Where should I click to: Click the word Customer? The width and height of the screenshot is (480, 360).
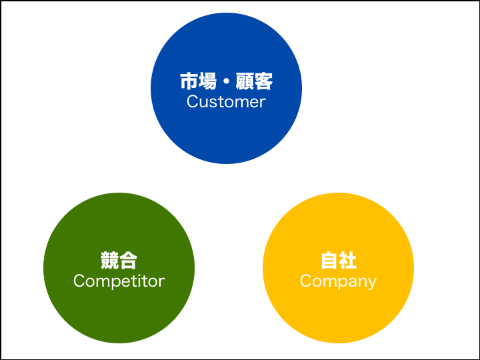pos(226,102)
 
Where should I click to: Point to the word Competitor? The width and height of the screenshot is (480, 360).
pos(119,281)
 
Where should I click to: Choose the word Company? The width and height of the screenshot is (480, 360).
pos(338,281)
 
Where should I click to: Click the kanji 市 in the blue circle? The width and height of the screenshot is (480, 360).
pos(189,82)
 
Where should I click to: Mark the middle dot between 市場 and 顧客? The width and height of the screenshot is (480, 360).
pos(226,82)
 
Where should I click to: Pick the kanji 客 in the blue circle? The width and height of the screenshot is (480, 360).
pos(263,82)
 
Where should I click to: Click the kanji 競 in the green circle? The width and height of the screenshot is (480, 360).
pos(109,261)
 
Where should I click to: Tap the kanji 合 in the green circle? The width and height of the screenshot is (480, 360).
pos(128,261)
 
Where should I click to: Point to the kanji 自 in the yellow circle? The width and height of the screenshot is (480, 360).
pos(329,261)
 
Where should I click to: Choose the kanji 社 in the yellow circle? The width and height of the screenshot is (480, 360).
pos(347,261)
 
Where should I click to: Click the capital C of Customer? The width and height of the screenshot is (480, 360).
pos(193,102)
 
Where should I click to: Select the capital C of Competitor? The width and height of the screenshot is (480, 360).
pos(79,281)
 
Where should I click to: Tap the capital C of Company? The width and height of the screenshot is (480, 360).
pos(306,281)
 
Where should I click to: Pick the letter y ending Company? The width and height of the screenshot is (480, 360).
pos(372,283)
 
